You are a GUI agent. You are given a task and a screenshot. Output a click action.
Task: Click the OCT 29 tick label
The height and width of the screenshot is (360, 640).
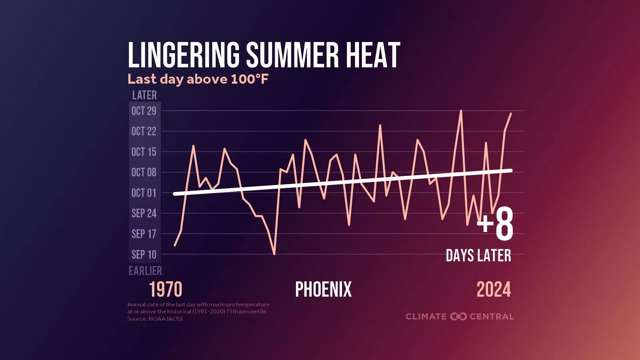pos(144,111)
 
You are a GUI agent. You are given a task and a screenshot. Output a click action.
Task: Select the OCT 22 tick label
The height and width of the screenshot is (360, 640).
pos(144,131)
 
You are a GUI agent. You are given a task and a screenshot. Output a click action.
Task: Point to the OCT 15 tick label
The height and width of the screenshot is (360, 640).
pos(144,152)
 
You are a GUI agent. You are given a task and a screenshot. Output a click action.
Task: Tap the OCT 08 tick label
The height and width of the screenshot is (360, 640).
pos(144,172)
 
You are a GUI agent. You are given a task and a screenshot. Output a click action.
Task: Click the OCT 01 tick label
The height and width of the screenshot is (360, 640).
pos(144,193)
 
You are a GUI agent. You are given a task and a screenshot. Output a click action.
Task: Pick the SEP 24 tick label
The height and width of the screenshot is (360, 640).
pos(144,213)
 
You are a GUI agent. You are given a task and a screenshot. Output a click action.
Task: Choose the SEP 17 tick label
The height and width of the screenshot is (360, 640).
pos(144,234)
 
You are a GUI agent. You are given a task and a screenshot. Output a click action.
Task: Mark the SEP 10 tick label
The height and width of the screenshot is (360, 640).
pos(144,255)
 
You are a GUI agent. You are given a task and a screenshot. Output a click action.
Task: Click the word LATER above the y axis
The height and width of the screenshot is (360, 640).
pos(144,95)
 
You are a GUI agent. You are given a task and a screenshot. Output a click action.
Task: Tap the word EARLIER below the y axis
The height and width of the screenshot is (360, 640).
pos(145,271)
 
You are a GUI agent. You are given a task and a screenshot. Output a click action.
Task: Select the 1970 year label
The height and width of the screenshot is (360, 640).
pos(165,289)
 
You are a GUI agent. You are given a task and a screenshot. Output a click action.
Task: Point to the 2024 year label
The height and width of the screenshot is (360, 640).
pos(494,289)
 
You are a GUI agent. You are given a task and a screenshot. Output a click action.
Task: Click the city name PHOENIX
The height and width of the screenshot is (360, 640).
pos(323,289)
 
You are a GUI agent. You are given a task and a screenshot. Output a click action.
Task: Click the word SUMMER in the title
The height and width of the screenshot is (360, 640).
pos(292,55)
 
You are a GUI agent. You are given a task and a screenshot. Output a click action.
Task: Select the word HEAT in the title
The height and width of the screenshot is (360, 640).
pos(373,55)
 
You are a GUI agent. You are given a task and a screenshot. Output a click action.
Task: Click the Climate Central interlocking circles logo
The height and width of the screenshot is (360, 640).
pos(458,316)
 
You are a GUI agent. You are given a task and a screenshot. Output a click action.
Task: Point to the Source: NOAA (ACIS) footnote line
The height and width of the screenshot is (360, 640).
pos(155,319)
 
